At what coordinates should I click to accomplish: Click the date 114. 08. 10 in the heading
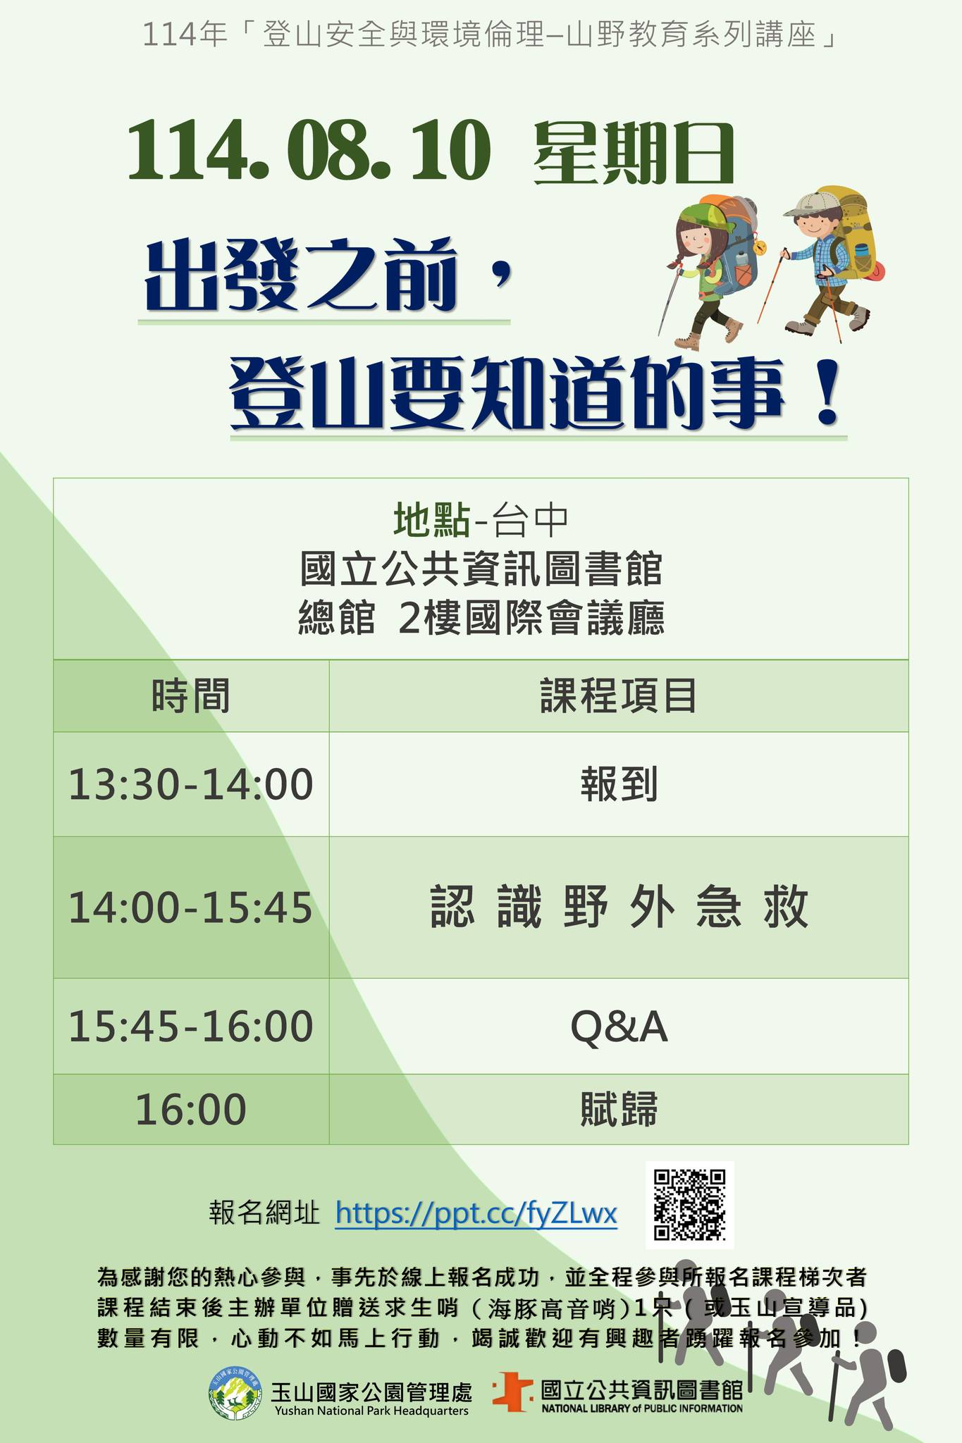tap(308, 151)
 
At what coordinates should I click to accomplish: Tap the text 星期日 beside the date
tap(634, 153)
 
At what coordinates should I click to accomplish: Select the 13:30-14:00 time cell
tap(191, 784)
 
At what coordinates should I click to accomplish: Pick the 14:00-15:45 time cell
tap(191, 908)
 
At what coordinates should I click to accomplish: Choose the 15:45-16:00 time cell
tap(191, 1026)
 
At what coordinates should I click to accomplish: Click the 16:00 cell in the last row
tap(191, 1109)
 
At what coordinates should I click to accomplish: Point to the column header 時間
tap(191, 696)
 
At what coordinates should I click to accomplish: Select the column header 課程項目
tap(619, 696)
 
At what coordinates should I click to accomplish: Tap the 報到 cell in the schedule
tap(619, 784)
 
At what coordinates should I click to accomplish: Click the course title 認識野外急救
tap(619, 908)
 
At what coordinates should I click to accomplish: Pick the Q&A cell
tap(619, 1027)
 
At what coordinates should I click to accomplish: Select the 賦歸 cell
tap(619, 1109)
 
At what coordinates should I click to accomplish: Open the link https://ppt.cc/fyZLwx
tap(476, 1213)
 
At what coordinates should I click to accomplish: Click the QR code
tap(690, 1205)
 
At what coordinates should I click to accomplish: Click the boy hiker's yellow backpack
tap(851, 231)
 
